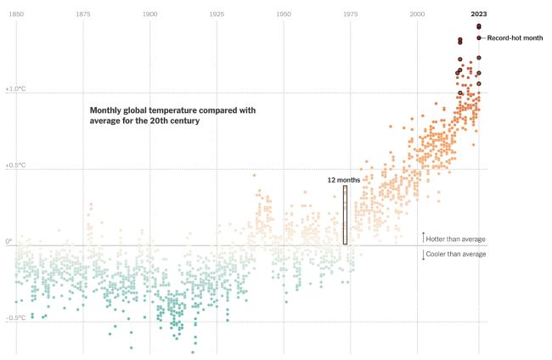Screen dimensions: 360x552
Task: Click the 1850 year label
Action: (x=16, y=14)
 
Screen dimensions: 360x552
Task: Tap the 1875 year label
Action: (x=83, y=14)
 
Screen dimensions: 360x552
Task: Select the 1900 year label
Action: (x=149, y=14)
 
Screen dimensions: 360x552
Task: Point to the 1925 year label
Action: (x=217, y=14)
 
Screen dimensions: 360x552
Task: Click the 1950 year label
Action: (x=284, y=14)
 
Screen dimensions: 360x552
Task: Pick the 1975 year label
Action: (x=350, y=14)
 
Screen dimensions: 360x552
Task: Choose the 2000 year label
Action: (x=417, y=14)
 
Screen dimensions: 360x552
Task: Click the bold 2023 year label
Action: (x=479, y=14)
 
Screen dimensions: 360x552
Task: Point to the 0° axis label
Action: (x=8, y=241)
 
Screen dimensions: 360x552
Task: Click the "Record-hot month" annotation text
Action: (x=515, y=38)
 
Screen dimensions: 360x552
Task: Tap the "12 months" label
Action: (x=344, y=180)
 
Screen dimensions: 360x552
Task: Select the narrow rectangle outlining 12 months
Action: (x=346, y=215)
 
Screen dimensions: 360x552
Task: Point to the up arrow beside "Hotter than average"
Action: (x=423, y=237)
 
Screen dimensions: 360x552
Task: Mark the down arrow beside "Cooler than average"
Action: (x=423, y=254)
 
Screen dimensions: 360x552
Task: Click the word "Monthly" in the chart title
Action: (x=108, y=110)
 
